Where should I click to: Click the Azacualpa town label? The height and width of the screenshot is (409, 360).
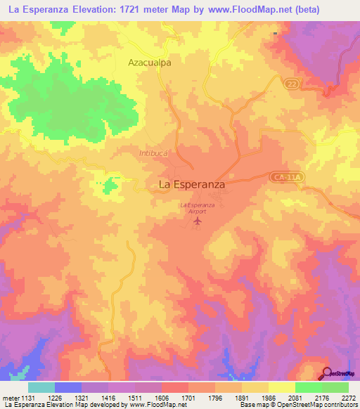(x=150, y=62)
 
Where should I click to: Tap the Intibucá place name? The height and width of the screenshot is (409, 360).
(x=154, y=151)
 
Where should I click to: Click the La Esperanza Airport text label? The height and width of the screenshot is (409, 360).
(x=197, y=207)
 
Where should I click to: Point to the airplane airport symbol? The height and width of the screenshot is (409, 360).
(x=197, y=223)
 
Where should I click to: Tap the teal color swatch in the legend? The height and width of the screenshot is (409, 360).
(x=41, y=387)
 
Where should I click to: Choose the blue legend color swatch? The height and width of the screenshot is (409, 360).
(x=68, y=387)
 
